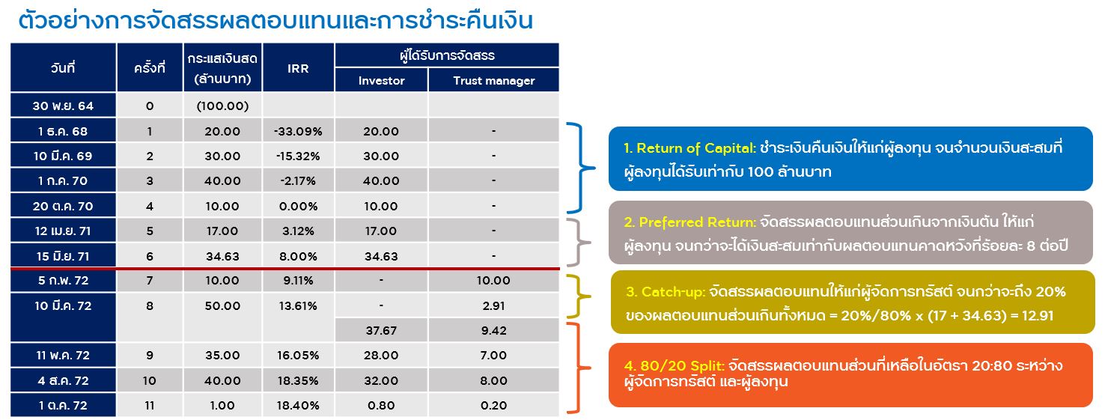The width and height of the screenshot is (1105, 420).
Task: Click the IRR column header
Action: [x=298, y=68]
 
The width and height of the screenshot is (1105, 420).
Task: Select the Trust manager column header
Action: [x=494, y=80]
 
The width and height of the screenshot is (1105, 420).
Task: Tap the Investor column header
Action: [x=381, y=80]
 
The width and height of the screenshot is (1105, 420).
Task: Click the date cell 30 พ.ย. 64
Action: [x=63, y=106]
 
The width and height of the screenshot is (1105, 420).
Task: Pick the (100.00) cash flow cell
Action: [x=222, y=106]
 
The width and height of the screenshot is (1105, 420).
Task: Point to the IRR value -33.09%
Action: [x=298, y=131]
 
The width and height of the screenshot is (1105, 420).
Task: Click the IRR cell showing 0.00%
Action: [x=298, y=207]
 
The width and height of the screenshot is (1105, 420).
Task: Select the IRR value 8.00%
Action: [x=298, y=256]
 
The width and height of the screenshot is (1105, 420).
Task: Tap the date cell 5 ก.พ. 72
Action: [x=63, y=280]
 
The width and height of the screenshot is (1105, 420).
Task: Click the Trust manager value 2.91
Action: [x=494, y=306]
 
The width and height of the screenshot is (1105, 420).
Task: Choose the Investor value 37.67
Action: [x=381, y=331]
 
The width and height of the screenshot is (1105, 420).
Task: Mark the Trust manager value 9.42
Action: [x=494, y=331]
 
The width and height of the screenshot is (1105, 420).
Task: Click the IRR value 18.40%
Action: [x=298, y=405]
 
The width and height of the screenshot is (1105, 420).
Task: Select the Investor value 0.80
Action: [x=381, y=405]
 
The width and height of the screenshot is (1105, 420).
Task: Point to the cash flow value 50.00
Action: [x=222, y=306]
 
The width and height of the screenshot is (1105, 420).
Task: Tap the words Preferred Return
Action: [x=697, y=222]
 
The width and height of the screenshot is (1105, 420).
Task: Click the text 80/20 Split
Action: [x=682, y=365]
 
